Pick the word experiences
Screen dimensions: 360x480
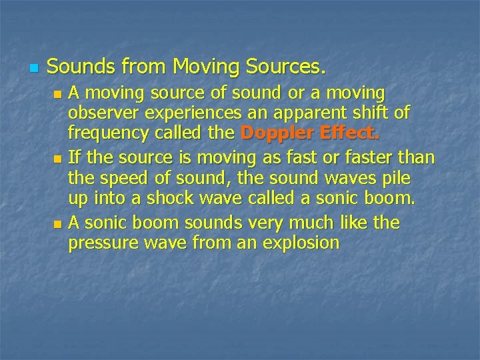191,111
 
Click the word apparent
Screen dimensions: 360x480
301,111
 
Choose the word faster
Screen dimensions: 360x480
374,158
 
